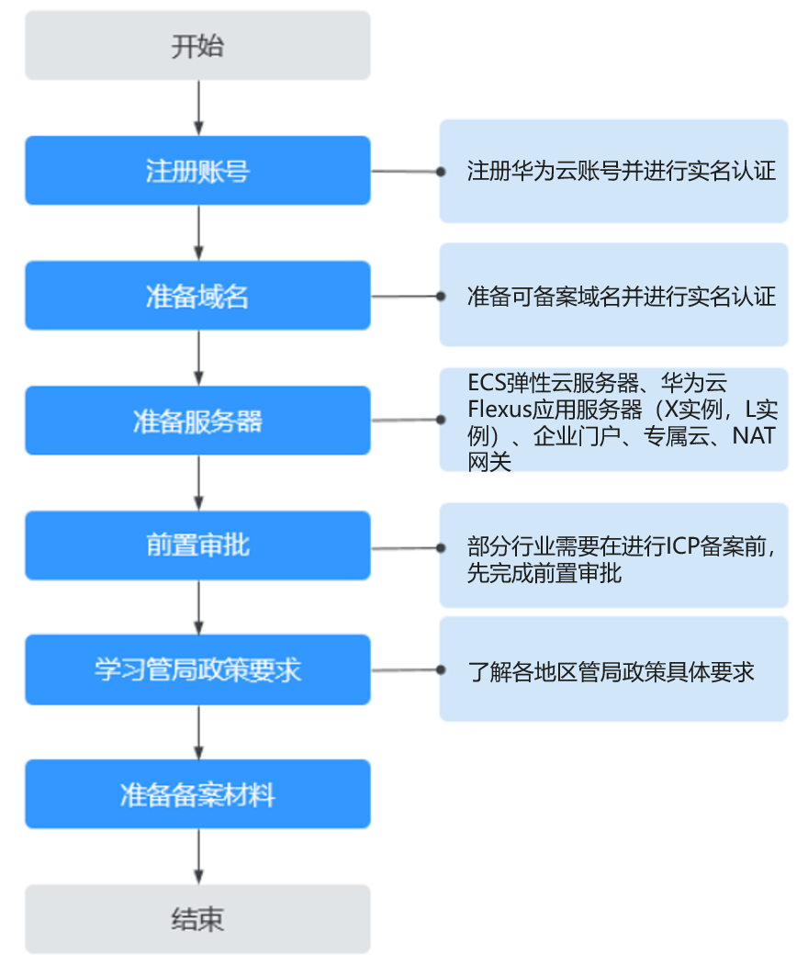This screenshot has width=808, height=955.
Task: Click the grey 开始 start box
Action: click(198, 45)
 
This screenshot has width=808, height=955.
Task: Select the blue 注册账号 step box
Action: click(198, 171)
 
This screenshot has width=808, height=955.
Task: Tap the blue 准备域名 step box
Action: click(198, 296)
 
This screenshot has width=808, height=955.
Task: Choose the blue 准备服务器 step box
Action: click(198, 421)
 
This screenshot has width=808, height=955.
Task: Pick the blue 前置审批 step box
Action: click(198, 545)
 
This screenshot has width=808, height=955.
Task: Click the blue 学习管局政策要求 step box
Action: click(198, 670)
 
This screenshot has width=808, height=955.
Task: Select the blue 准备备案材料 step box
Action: click(198, 794)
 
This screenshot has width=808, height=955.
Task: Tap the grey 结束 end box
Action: click(198, 919)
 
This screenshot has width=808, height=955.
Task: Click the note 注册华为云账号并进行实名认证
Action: click(622, 171)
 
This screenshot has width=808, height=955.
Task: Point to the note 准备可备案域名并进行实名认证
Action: click(622, 297)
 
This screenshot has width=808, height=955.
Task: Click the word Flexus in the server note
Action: click(499, 410)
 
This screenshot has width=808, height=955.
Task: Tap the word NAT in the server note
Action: click(754, 435)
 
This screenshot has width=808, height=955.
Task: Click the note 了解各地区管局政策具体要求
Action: click(612, 672)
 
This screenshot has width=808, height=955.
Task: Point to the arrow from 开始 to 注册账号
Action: click(198, 107)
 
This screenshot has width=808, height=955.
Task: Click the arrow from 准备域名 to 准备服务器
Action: click(198, 358)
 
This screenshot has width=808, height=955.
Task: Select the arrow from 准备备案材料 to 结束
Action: click(198, 857)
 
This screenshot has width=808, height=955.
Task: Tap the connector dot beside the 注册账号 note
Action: click(441, 172)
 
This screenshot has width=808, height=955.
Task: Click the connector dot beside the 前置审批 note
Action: click(441, 548)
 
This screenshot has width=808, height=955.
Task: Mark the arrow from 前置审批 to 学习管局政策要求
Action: click(198, 607)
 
